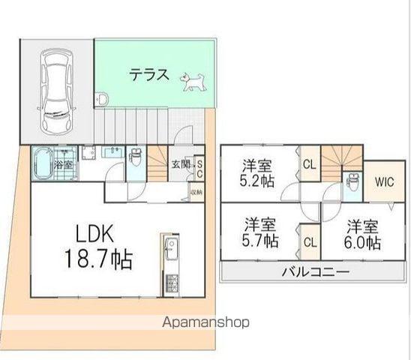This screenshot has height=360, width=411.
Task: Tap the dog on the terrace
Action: [194, 80]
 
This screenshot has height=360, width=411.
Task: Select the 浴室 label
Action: [62, 163]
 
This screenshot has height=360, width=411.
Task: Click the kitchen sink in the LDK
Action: [171, 247]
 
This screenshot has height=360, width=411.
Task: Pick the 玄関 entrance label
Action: [180, 165]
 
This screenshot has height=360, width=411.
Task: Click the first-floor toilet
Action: [136, 159]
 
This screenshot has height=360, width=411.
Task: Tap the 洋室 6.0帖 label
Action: [364, 233]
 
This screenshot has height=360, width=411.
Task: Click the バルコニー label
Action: [312, 271]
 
